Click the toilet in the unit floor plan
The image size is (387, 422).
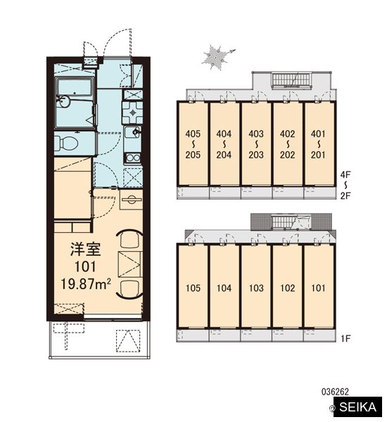(x=66, y=143)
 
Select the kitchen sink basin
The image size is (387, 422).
(x=132, y=132)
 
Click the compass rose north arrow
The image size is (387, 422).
(x=218, y=58)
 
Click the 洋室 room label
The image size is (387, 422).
(x=85, y=249)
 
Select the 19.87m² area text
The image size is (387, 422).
(x=86, y=284)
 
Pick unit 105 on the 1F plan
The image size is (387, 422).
(x=193, y=288)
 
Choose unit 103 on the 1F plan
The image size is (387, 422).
(x=256, y=288)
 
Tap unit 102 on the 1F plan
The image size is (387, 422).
(x=287, y=288)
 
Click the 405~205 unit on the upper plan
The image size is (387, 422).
(x=193, y=144)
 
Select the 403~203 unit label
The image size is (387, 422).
(x=256, y=144)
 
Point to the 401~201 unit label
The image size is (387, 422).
(x=318, y=144)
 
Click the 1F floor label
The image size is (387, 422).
(x=345, y=338)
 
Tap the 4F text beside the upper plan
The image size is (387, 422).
(x=345, y=174)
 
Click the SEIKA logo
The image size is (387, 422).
(x=357, y=407)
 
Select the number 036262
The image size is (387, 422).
(x=335, y=392)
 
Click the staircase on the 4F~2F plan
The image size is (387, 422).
(x=291, y=80)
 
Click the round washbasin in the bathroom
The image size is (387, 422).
(x=64, y=102)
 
